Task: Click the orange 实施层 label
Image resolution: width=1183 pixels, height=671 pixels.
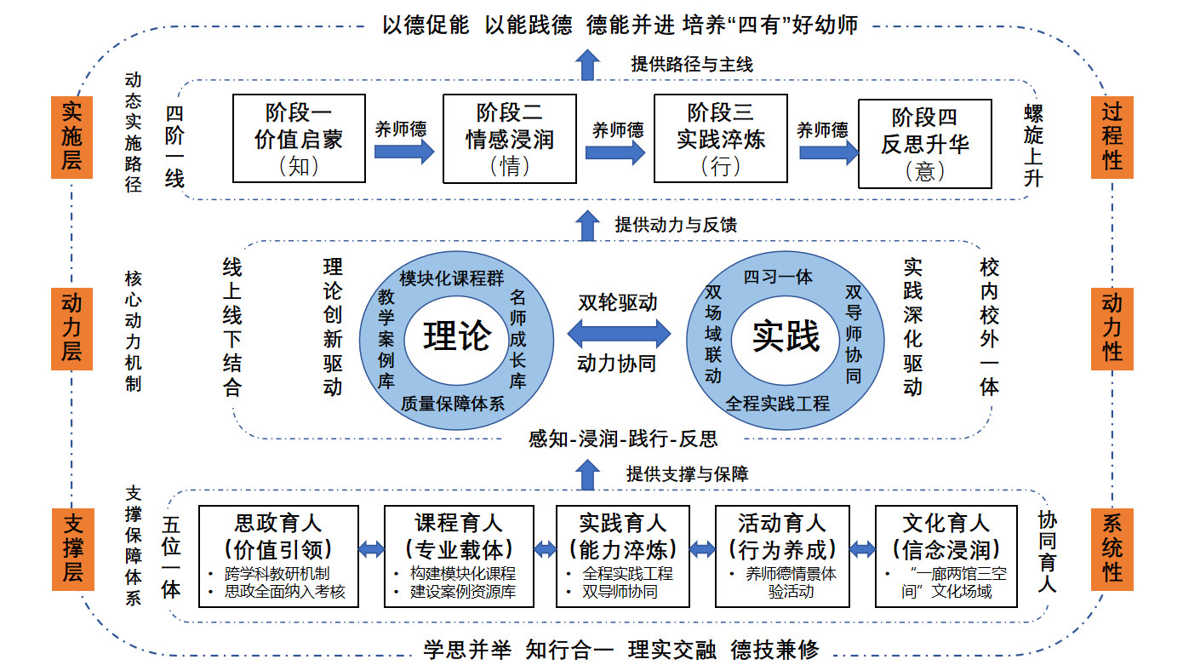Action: pos(71,136)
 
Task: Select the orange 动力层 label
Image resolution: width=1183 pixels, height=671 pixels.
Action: pos(71,328)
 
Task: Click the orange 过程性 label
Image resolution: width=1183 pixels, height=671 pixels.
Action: pos(1112,136)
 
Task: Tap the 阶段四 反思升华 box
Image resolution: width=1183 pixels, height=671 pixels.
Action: pos(924,143)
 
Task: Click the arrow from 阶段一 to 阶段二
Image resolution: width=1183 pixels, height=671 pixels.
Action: pos(403,152)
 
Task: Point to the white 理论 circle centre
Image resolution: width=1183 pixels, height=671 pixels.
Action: pos(457,336)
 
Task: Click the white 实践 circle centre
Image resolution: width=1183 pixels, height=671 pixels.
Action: pos(786,336)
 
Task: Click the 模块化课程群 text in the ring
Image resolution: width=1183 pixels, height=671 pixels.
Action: pos(451,278)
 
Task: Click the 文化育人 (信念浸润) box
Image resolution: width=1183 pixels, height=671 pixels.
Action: pos(946,556)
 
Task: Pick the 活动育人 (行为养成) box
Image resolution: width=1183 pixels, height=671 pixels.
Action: pos(781,556)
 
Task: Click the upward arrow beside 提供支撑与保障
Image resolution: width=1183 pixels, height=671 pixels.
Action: pos(586,473)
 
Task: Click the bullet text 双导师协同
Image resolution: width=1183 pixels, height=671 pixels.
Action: pos(620,591)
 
